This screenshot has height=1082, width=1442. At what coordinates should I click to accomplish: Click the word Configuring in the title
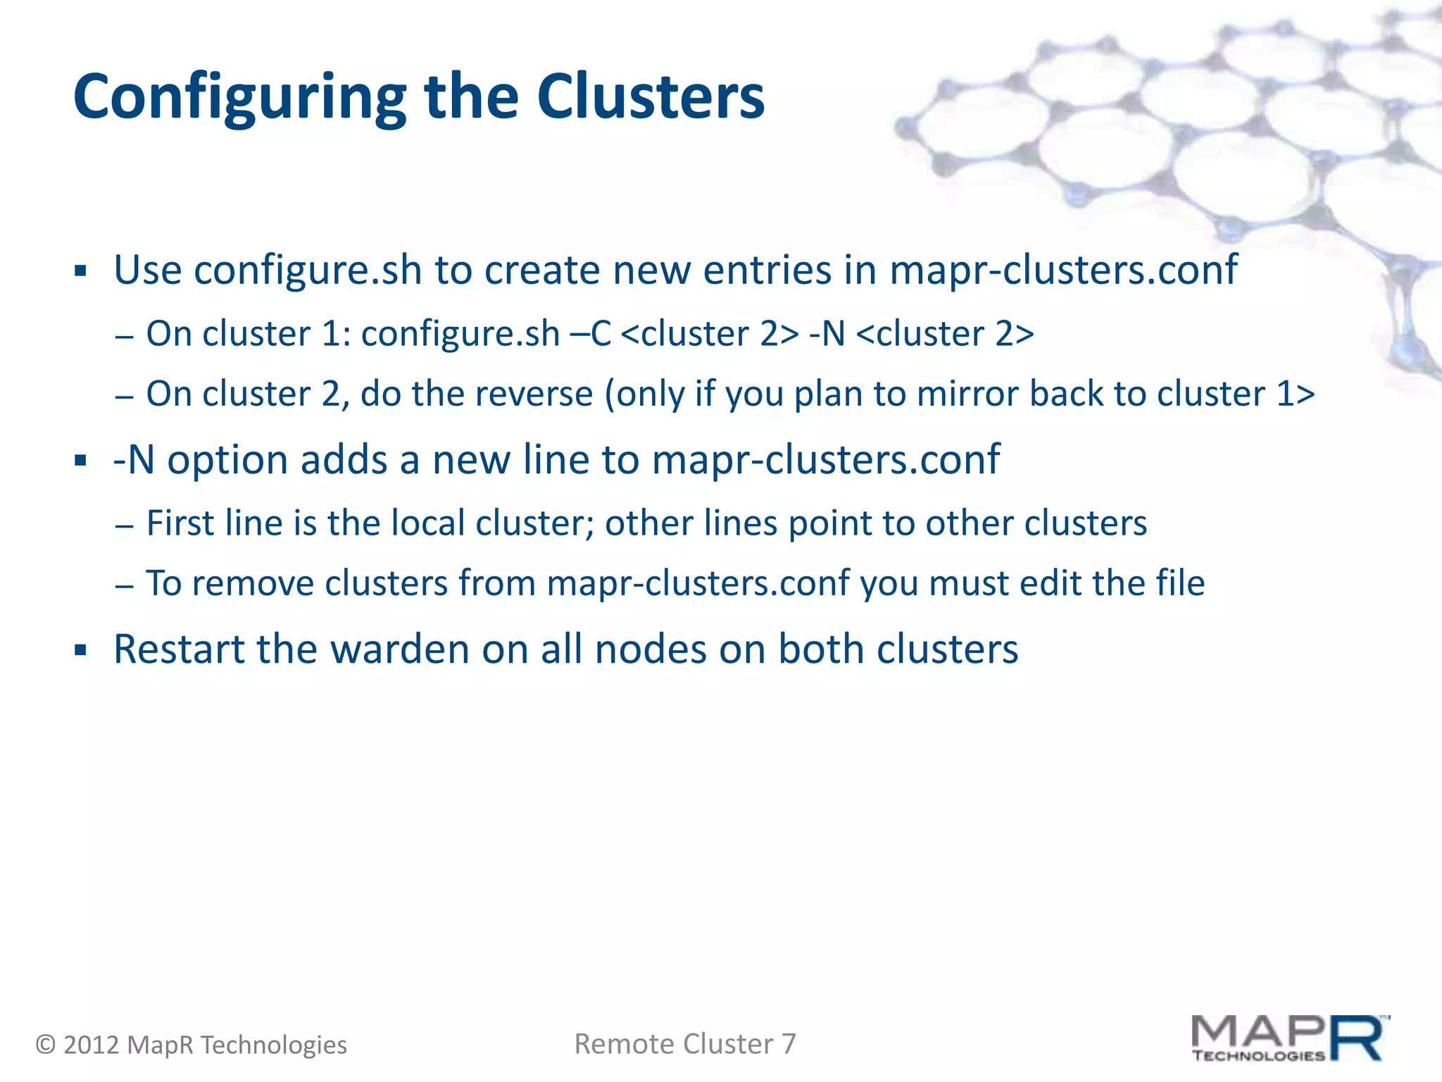(239, 99)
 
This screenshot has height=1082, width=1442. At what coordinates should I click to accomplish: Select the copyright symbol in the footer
(46, 1045)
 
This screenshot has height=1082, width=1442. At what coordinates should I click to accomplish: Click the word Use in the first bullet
(147, 270)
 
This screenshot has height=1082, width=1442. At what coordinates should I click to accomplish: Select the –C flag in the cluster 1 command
(591, 334)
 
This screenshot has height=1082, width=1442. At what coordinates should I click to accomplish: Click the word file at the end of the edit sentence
(1180, 583)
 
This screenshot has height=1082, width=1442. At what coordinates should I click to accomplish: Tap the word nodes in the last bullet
(651, 649)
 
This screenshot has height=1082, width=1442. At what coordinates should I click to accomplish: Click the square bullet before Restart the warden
(80, 649)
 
